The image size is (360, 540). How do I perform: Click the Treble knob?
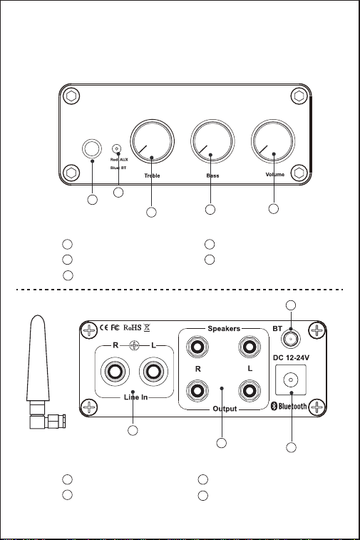click(x=152, y=141)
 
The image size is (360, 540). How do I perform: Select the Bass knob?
click(x=212, y=141)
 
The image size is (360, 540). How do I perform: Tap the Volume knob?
click(x=273, y=141)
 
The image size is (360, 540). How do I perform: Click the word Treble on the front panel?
click(x=152, y=175)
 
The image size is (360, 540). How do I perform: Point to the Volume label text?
click(x=275, y=174)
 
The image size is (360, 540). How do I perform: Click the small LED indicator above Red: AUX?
click(x=117, y=149)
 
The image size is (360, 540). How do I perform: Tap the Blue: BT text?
click(x=118, y=168)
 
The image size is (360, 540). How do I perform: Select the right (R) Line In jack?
click(x=115, y=372)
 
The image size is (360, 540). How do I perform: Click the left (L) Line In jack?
click(x=153, y=372)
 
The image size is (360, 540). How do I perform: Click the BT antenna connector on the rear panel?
click(x=291, y=340)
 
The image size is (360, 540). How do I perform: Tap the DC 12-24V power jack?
click(x=291, y=380)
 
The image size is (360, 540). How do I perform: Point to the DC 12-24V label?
click(x=291, y=358)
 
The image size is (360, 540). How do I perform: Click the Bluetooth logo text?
click(x=289, y=406)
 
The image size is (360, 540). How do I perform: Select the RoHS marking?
click(x=132, y=327)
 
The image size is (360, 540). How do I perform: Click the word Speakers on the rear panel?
click(x=224, y=329)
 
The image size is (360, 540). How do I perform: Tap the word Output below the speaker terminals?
click(x=225, y=409)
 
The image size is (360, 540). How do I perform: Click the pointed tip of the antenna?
click(x=38, y=315)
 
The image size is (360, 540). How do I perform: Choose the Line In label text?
click(x=135, y=397)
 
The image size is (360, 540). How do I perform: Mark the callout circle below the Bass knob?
click(x=210, y=210)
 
